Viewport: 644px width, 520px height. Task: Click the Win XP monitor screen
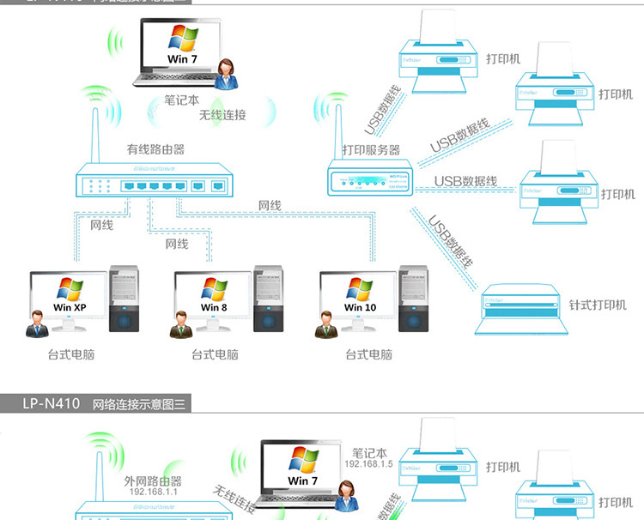(x=70, y=296)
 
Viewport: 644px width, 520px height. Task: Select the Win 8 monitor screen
(x=214, y=296)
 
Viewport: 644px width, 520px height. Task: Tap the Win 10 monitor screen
(x=360, y=296)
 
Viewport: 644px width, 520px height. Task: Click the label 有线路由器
(x=155, y=149)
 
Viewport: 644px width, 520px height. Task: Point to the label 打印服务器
(x=371, y=150)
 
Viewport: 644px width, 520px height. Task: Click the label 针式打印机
(x=598, y=305)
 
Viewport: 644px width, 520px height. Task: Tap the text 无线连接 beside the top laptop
(x=222, y=115)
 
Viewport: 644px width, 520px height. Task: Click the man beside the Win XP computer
(x=37, y=323)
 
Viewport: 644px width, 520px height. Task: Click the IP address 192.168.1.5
(x=368, y=464)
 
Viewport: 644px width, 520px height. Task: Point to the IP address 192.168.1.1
(x=153, y=493)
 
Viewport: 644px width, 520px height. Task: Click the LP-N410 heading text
(x=48, y=402)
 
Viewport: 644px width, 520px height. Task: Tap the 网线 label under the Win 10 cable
(x=270, y=206)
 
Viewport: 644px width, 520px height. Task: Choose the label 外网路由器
(x=153, y=481)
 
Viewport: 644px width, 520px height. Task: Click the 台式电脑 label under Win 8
(x=215, y=354)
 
